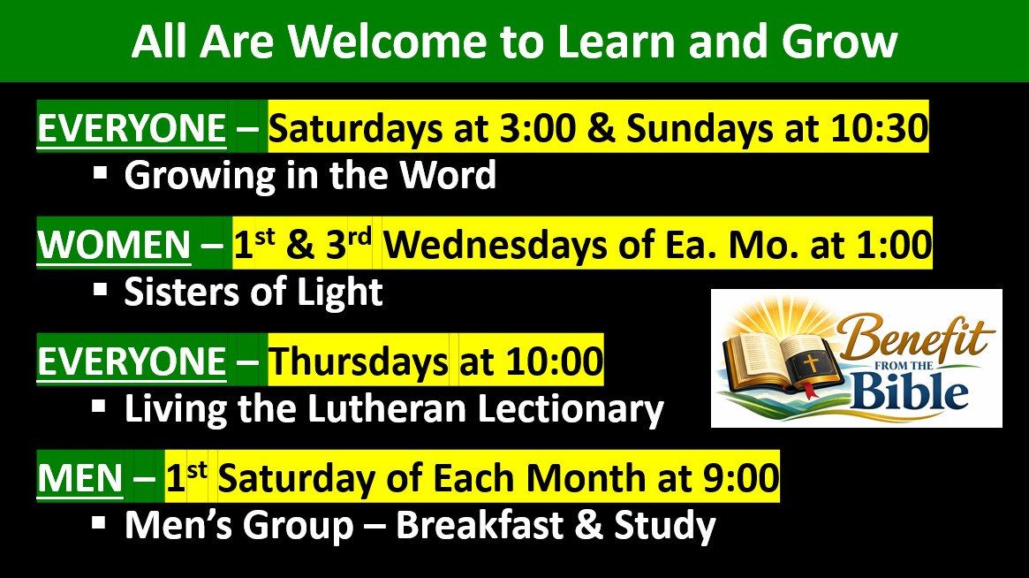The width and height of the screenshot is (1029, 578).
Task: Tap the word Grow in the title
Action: [839, 42]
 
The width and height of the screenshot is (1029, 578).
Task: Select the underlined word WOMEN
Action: [114, 245]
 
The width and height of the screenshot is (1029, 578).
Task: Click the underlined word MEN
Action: [80, 478]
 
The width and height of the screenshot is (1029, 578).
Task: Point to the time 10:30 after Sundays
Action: [880, 127]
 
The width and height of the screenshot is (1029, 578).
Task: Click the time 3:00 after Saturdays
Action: [538, 127]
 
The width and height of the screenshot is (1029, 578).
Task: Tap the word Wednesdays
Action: [496, 245]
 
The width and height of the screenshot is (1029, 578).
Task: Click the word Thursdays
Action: [359, 361]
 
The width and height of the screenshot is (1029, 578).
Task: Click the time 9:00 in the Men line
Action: [741, 477]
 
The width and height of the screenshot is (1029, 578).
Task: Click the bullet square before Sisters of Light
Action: [100, 290]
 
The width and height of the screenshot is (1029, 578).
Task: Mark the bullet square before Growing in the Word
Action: [100, 173]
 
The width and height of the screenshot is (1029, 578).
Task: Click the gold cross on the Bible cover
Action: [811, 362]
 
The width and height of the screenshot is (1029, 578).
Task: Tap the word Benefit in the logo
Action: [916, 337]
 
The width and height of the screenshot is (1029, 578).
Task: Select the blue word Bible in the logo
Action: [910, 391]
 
